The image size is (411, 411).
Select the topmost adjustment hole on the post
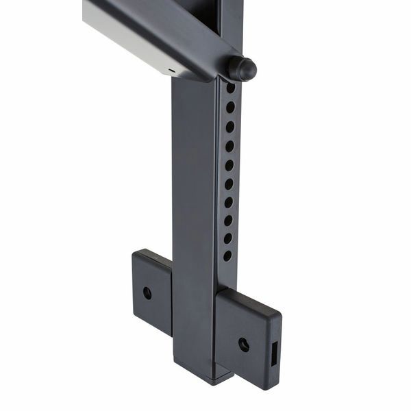[231, 88]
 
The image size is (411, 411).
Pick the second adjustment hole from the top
[230, 107]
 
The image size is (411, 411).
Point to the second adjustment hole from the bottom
[228, 238]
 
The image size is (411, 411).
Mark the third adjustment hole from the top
[230, 127]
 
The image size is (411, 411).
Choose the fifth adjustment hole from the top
[229, 165]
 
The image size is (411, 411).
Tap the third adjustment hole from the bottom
[229, 221]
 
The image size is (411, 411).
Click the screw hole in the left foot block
[147, 292]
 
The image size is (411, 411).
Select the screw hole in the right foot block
[243, 344]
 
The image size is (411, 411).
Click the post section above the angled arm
[229, 17]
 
